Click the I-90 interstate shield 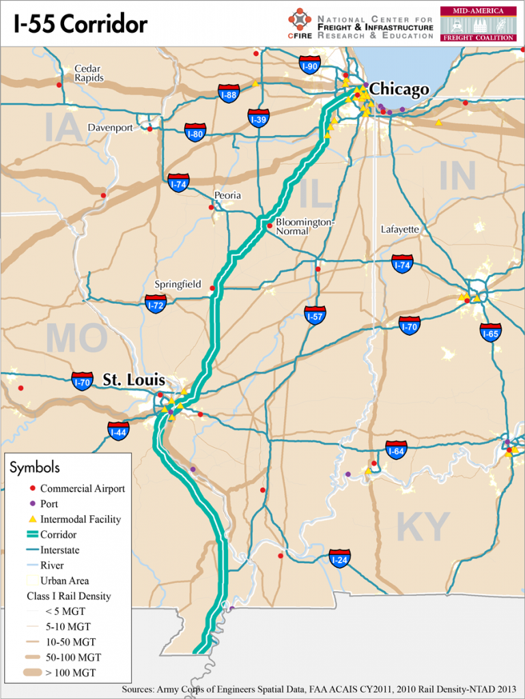pos(310,66)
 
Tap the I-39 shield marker pos(258,119)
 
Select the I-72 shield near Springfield pos(156,304)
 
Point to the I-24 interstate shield pos(339,559)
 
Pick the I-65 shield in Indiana pos(490,332)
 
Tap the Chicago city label pos(399,89)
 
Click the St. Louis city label pos(134,379)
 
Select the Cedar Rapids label pos(89,73)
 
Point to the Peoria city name pos(227,195)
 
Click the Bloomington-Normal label pos(305,227)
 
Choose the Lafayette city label pos(400,229)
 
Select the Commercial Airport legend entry pos(82,489)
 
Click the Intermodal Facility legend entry pos(81,519)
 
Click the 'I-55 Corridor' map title pos(81,25)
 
